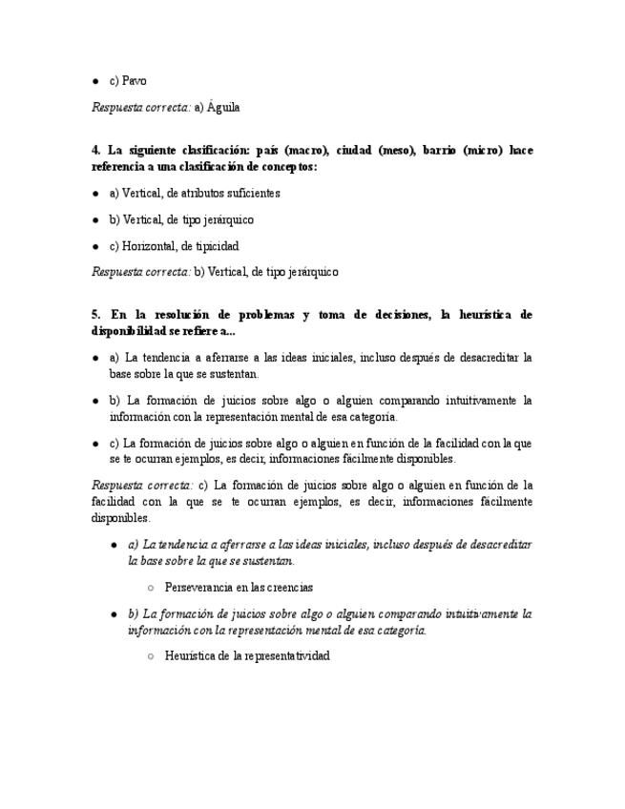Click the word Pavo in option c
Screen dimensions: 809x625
pyautogui.click(x=134, y=81)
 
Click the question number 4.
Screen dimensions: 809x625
pyautogui.click(x=95, y=151)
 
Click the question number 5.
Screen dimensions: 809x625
pyautogui.click(x=95, y=314)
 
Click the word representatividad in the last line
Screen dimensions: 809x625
pyautogui.click(x=285, y=656)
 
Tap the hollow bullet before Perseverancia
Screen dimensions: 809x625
pyautogui.click(x=151, y=588)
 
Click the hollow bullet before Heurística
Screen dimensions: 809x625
pyautogui.click(x=151, y=656)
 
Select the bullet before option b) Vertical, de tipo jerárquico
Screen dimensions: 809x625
pyautogui.click(x=95, y=219)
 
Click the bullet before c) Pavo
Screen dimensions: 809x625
pyautogui.click(x=95, y=81)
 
